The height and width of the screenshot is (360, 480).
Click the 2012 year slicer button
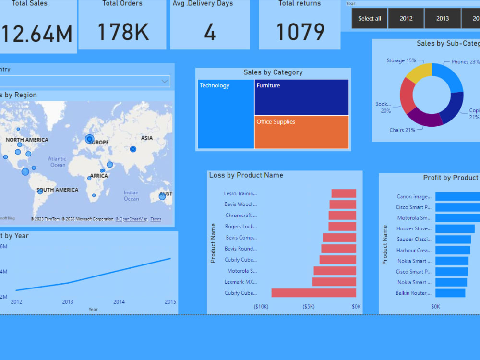[x=406, y=18]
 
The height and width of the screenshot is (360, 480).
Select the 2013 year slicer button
[x=443, y=18]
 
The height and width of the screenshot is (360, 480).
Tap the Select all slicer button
[x=370, y=18]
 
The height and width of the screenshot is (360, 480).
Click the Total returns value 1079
[x=300, y=32]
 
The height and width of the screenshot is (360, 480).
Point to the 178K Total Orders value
[x=123, y=32]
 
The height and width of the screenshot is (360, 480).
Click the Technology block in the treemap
[x=226, y=114]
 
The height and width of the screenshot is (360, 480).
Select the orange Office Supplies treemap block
[x=301, y=132]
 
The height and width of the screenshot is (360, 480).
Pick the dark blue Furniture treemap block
[x=301, y=97]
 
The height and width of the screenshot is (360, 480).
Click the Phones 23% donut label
[x=465, y=62]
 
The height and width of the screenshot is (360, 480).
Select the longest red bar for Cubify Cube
[x=313, y=293]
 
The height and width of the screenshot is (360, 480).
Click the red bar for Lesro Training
[x=344, y=193]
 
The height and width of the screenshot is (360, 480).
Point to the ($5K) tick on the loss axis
[x=309, y=307]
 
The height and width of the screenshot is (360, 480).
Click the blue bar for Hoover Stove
[x=455, y=228]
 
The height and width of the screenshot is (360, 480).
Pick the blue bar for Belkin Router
[x=450, y=293]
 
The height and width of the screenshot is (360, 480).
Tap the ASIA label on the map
[x=147, y=138]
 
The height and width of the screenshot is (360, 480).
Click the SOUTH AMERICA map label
[x=57, y=190]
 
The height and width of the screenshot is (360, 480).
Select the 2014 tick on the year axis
[x=119, y=302]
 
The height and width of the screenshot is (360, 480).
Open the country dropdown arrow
[x=165, y=82]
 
